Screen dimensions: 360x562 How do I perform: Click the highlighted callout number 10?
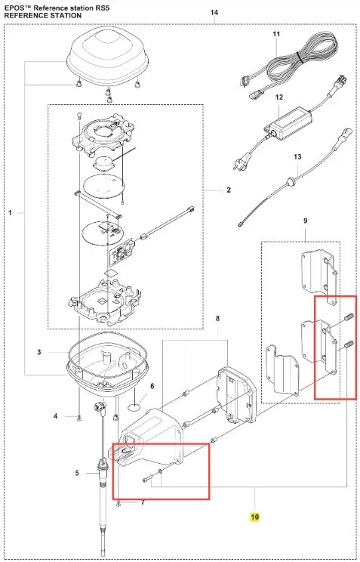point(254,517)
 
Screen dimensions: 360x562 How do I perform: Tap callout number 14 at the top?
point(214,13)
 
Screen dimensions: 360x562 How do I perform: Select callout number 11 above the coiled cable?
point(276,34)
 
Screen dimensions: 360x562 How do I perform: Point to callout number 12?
point(279,97)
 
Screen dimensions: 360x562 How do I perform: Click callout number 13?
point(297,156)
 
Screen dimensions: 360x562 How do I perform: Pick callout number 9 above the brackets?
point(305,221)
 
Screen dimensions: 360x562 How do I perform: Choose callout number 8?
point(217,318)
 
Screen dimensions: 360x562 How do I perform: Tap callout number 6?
point(152,386)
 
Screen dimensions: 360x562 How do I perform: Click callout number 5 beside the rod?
point(77,474)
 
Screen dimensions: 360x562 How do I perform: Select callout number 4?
point(56,416)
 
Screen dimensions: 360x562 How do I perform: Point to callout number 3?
point(39,352)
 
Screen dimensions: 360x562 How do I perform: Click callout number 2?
point(229,190)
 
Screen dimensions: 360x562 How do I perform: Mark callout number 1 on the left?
point(10,213)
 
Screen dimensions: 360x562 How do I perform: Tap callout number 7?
point(143,502)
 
